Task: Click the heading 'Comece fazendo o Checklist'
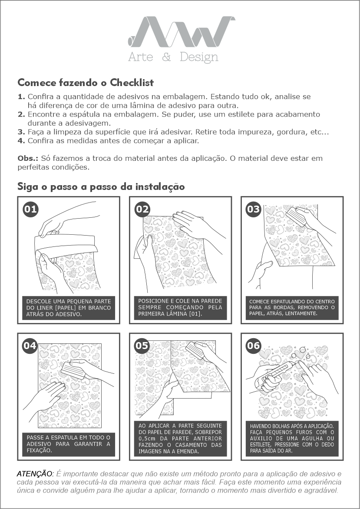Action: (x=86, y=83)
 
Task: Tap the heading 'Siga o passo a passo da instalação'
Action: (x=101, y=187)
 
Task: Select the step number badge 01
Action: (x=30, y=210)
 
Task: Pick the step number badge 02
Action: (x=142, y=210)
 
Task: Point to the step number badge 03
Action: (x=253, y=210)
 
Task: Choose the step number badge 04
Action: (x=30, y=346)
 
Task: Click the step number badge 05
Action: (x=142, y=346)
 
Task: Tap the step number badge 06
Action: (x=253, y=346)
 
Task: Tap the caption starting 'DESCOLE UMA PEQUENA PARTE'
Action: (x=69, y=308)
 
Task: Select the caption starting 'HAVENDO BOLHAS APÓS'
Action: (x=292, y=438)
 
